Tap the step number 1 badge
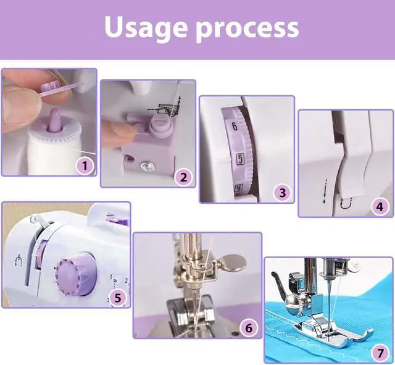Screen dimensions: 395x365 coord(85,166)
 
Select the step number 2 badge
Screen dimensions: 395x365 coord(184,177)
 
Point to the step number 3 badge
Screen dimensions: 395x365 coord(283,193)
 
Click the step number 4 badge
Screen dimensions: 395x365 coord(380,207)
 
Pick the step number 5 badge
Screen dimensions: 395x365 coord(118,298)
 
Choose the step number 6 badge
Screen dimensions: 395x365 coord(248,328)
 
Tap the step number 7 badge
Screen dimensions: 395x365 coord(380,353)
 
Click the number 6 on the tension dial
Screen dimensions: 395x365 coord(235,126)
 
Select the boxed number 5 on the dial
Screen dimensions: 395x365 coord(240,159)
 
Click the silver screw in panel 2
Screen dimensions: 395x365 coord(146,166)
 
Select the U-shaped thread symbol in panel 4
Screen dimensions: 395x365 coord(346,203)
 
